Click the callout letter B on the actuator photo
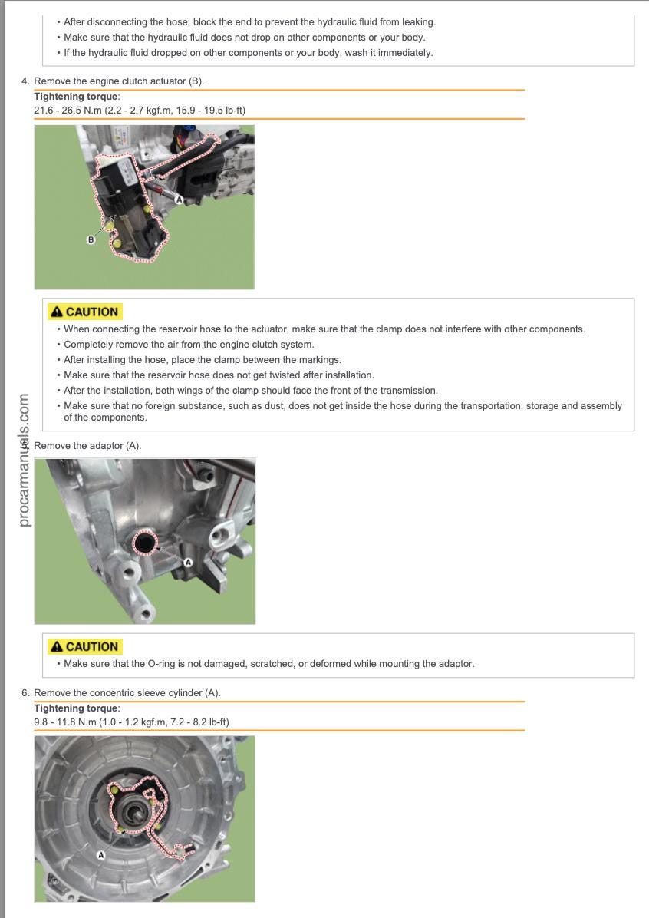pos(91,239)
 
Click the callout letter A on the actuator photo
pos(179,200)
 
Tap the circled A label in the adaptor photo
pos(189,563)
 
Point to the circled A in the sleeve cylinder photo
pos(100,854)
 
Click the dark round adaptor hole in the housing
pos(143,543)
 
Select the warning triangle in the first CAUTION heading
pos(56,312)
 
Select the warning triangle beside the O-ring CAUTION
pos(56,647)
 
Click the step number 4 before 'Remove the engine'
pos(25,81)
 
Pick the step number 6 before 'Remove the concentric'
pos(25,692)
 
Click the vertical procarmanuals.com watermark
pos(25,461)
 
